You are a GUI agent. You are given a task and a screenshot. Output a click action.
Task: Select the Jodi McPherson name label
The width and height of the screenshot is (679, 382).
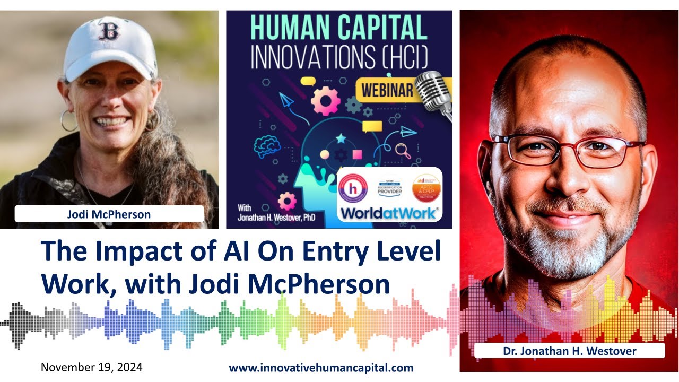109,214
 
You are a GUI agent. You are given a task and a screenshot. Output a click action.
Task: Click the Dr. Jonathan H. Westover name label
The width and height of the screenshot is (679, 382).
569,351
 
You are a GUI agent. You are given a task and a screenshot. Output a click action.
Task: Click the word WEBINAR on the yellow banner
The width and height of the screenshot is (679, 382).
387,91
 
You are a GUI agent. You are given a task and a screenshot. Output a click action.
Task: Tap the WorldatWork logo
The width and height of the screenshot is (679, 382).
389,213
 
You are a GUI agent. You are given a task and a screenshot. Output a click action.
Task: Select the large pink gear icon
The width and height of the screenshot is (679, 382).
325,101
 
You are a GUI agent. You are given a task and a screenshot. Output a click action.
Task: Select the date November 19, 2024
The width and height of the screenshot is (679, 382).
91,367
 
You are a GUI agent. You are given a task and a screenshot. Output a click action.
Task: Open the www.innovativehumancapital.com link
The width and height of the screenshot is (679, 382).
321,368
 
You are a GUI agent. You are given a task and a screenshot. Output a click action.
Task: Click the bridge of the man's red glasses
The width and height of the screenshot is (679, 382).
561,147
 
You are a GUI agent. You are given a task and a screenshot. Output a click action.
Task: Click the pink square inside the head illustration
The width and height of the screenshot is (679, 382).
357,155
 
